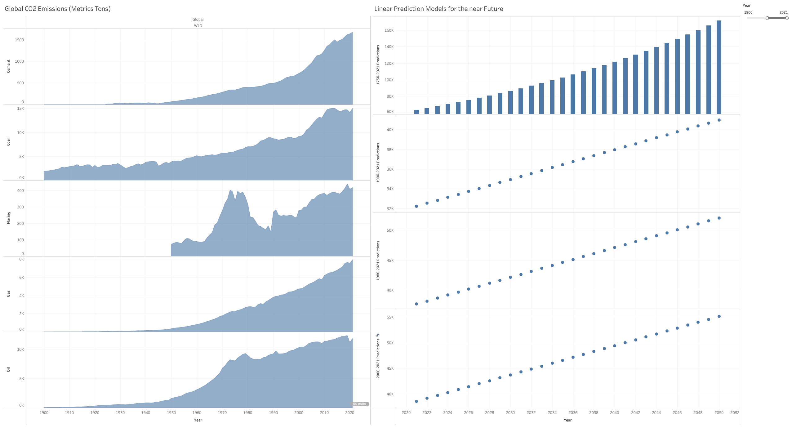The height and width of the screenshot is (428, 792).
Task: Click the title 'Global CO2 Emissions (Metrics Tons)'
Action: coord(58,9)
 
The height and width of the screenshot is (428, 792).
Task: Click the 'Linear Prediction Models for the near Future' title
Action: coord(438,9)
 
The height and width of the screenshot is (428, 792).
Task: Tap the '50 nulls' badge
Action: coord(359,404)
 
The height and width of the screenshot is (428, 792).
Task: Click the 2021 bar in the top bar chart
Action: coord(416,112)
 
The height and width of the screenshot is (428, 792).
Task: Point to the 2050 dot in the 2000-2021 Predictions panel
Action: coord(719,316)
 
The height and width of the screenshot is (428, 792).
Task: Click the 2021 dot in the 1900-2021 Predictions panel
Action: coord(416,206)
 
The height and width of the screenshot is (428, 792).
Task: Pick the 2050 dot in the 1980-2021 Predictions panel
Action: coord(719,218)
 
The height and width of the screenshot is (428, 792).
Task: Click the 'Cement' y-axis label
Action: coord(8,66)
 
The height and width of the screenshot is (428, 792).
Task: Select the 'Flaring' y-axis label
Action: coord(8,218)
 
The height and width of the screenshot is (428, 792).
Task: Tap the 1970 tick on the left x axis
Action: coord(222,412)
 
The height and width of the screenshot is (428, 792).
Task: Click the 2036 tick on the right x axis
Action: coord(573,412)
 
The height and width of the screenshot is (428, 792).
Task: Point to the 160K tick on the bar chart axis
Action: coord(389,30)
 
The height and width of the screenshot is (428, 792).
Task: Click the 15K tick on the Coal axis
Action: coord(20,109)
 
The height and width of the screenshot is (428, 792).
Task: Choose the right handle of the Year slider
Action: coord(787,18)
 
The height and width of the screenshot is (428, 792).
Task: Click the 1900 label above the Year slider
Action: coord(748,12)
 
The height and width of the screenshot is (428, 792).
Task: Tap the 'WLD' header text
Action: coord(198,26)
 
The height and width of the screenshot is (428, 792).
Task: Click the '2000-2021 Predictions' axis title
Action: coord(378,358)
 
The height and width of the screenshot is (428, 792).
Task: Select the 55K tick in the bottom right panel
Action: coord(390,317)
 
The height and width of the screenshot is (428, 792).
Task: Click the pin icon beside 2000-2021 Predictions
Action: coord(378,335)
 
